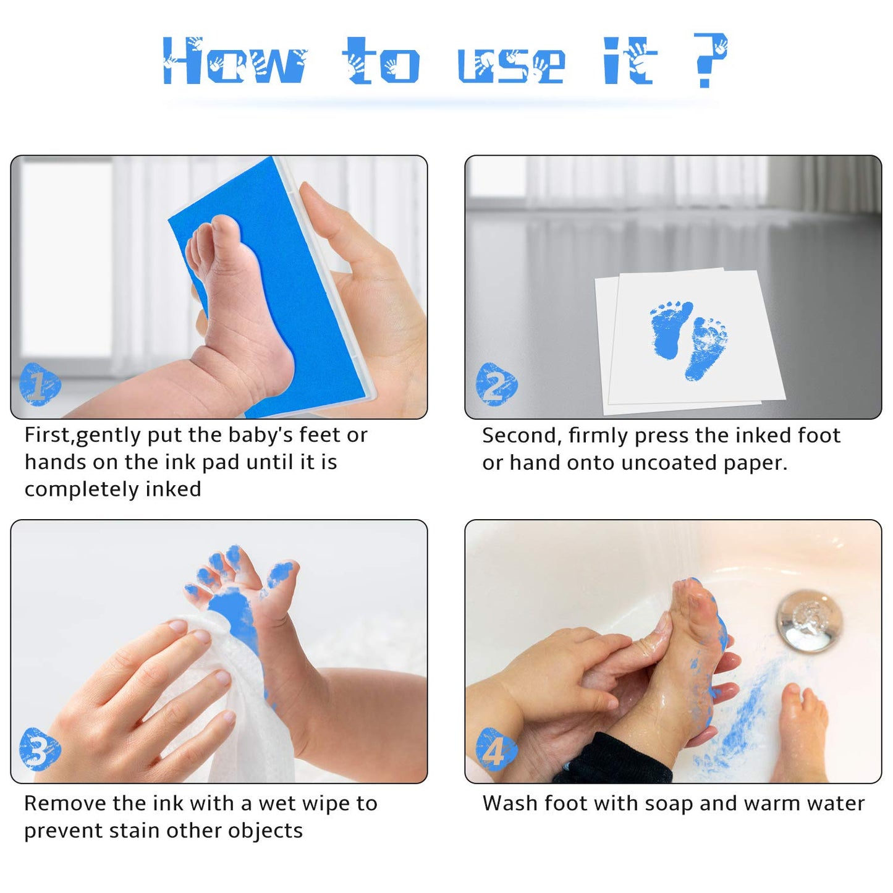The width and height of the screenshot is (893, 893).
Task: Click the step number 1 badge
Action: click(x=40, y=384)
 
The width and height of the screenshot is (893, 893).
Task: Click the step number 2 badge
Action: click(x=496, y=384)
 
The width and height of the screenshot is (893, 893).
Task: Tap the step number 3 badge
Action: click(x=40, y=749)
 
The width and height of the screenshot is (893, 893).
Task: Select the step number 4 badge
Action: click(x=496, y=749)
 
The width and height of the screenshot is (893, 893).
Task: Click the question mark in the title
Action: click(x=709, y=61)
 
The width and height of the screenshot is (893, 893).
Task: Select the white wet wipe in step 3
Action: click(x=241, y=698)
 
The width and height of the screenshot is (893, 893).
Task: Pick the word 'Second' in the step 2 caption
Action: click(x=520, y=436)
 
